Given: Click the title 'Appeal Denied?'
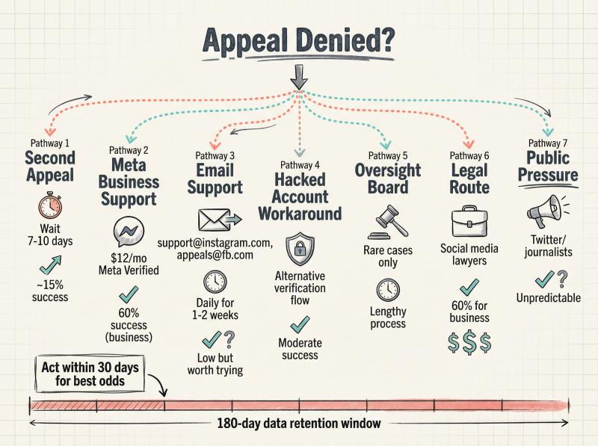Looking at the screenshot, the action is click(298, 40).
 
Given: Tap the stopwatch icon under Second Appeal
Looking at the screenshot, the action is click(50, 205).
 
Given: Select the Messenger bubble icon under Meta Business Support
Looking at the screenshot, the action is click(129, 232).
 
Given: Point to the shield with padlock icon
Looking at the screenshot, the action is click(300, 250).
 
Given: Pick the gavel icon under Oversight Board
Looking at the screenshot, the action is click(388, 222).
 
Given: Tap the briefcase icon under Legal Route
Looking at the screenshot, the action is click(469, 221).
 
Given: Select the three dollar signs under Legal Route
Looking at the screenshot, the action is click(469, 342).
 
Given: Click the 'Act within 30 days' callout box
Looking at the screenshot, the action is click(90, 374).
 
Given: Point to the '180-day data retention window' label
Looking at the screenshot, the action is click(299, 423).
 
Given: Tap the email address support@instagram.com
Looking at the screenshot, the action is click(215, 243).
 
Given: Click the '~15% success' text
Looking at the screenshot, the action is click(50, 291).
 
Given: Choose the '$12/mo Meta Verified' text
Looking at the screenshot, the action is click(129, 264).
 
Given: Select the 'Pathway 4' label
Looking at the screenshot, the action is click(300, 165).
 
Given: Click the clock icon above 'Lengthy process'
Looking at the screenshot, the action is click(388, 290).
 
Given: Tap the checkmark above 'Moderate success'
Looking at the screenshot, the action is click(300, 324).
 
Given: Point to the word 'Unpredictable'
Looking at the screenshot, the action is click(549, 298).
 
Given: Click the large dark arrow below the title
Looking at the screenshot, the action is click(298, 77).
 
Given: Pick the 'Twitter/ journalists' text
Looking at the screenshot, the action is click(548, 246).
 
